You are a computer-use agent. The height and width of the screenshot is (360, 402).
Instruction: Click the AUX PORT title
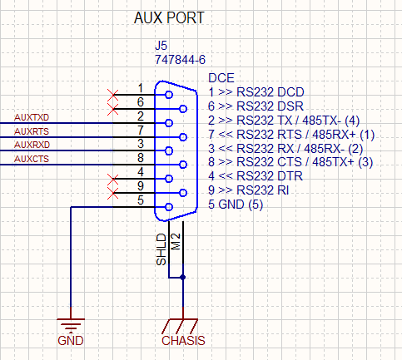click(169, 18)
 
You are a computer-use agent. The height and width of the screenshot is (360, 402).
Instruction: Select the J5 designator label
click(161, 46)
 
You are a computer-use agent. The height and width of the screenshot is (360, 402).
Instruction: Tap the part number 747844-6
click(180, 60)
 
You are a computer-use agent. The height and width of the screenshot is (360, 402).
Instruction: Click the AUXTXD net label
click(32, 117)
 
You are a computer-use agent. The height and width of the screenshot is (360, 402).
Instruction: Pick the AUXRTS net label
click(32, 131)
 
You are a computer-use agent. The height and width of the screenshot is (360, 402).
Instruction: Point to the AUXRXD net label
click(32, 145)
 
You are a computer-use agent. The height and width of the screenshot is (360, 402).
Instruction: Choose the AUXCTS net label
click(32, 159)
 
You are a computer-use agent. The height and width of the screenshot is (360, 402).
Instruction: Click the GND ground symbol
click(71, 325)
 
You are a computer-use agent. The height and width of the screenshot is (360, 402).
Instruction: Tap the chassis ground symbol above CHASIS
click(180, 326)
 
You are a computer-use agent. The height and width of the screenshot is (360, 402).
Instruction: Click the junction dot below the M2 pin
click(182, 278)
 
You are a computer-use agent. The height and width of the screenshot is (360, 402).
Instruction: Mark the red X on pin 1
click(112, 95)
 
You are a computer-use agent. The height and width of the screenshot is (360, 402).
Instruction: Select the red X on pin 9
click(112, 193)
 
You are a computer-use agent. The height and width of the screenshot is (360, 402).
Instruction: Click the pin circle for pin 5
click(169, 207)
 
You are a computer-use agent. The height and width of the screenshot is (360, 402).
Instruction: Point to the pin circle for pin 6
click(183, 109)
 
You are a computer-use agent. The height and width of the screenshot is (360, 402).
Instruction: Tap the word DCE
click(221, 78)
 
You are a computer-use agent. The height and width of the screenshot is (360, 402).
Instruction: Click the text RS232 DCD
click(270, 92)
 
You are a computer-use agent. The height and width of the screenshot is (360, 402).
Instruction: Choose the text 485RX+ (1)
click(343, 135)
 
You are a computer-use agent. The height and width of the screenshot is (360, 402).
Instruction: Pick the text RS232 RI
click(262, 190)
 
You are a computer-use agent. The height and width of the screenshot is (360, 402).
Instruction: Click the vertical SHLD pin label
click(161, 249)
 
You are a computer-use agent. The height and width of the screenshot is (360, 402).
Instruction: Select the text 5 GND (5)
click(236, 205)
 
